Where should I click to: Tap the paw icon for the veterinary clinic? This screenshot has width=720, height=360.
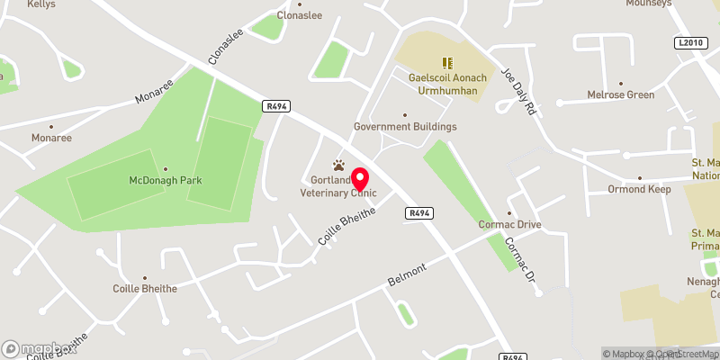point(338,165)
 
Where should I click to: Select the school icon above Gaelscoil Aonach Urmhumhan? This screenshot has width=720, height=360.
point(447,63)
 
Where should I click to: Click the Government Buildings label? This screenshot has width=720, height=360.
point(405,127)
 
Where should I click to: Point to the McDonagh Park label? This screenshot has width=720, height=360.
point(165,180)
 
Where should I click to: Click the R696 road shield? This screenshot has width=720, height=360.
point(513,356)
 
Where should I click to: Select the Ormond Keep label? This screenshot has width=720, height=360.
point(639,189)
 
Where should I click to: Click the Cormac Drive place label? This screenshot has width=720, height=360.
point(509,224)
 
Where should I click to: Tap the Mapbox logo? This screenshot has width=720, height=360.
point(39,349)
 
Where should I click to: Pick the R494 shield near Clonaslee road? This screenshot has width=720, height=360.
point(275,106)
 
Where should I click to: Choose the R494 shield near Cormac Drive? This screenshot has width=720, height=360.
point(418,213)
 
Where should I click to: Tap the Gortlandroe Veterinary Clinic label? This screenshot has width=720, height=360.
point(338,186)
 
